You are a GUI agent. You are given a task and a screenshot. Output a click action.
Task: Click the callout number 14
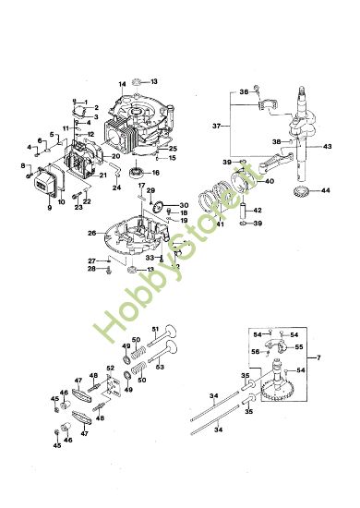(121, 84)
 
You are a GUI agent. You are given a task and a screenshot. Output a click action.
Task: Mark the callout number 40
(270, 181)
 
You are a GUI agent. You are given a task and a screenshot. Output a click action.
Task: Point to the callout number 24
(117, 187)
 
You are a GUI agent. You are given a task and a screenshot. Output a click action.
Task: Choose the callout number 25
(173, 148)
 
